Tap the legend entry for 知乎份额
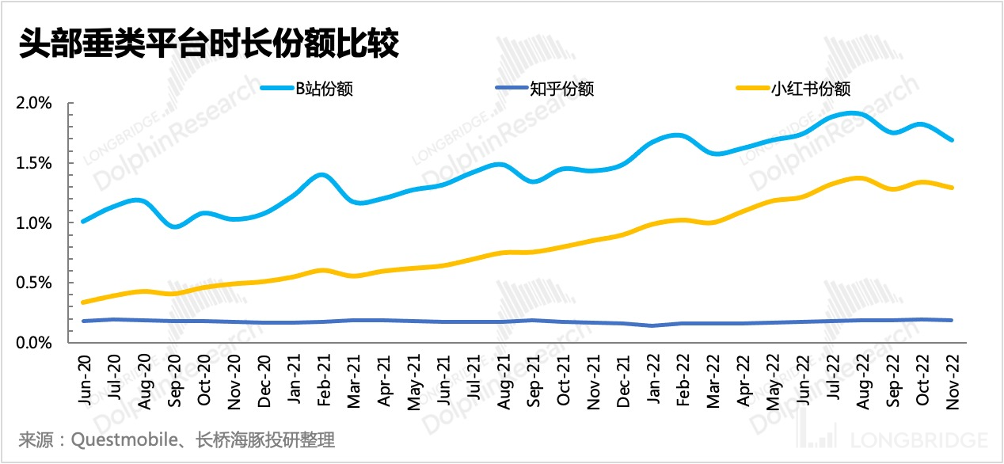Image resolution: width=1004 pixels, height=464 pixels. click(561, 89)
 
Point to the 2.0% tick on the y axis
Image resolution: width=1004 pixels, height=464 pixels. click(35, 104)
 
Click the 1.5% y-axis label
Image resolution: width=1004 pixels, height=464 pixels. click(35, 164)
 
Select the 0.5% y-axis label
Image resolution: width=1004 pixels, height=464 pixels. click(35, 283)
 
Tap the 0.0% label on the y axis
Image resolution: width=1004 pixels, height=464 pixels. click(35, 343)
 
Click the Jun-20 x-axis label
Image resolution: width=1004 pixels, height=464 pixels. click(85, 383)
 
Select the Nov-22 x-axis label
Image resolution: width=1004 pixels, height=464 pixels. click(951, 383)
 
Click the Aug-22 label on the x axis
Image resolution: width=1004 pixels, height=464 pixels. click(861, 383)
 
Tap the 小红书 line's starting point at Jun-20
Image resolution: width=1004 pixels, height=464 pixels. click(84, 302)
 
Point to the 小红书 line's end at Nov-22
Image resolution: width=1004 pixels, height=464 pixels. click(951, 188)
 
